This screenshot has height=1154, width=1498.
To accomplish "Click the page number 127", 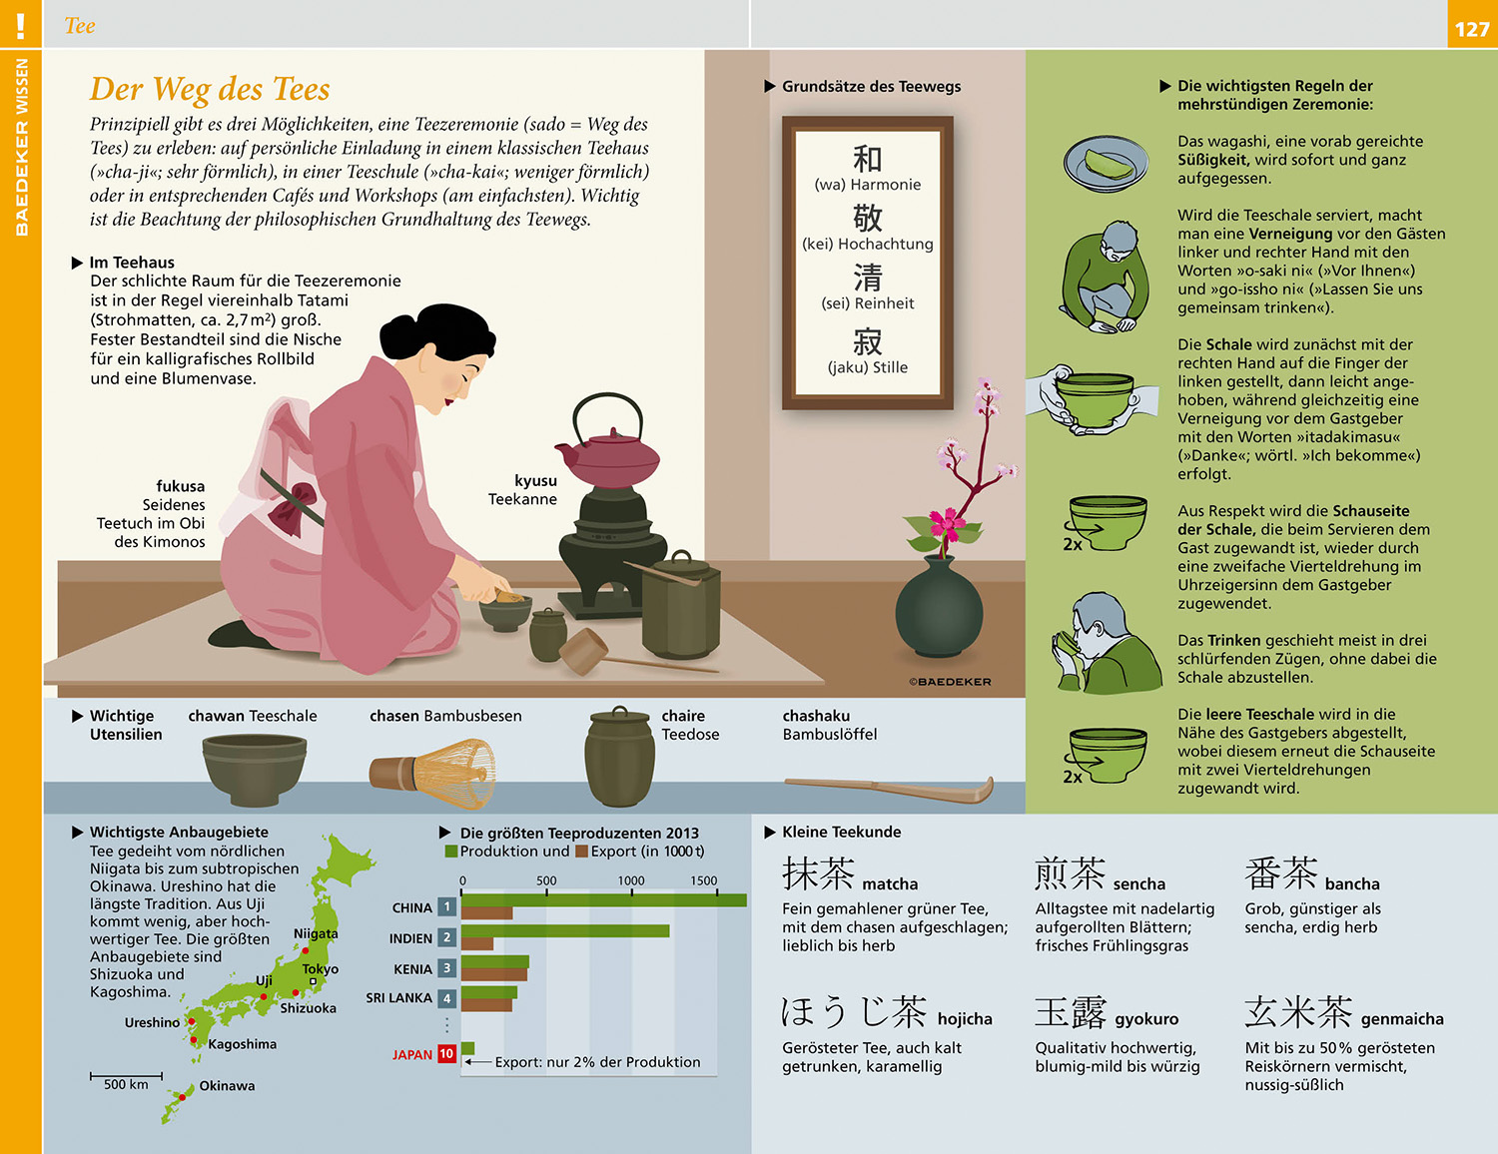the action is coord(1472,29).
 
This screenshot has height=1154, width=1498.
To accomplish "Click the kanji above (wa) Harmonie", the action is coord(867,159).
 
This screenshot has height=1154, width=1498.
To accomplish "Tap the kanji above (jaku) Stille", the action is coord(867,341).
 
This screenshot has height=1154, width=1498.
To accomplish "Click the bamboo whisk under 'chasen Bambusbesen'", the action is coord(432,773).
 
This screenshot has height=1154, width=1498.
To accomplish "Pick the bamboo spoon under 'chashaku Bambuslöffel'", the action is coord(889,789).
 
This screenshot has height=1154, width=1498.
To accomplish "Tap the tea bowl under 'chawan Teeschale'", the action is coord(255,769).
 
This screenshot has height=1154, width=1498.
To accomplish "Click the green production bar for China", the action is coord(604,899).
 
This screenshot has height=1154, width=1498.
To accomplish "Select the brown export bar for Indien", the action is coord(477,944).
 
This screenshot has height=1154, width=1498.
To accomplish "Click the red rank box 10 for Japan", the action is coord(446,1054).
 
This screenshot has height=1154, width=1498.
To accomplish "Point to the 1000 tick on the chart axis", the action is coord(631,881).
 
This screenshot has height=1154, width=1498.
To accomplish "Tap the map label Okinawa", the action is coord(227,1086).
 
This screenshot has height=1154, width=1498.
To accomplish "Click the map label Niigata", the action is coord(316,934).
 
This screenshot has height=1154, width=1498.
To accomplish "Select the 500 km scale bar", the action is coord(126,1075).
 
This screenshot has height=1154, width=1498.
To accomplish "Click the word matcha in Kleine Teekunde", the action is coord(890,883).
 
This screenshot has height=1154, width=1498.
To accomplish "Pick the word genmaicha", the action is coord(1402,1019).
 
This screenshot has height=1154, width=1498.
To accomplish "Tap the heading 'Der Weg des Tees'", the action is coord(210,89).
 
